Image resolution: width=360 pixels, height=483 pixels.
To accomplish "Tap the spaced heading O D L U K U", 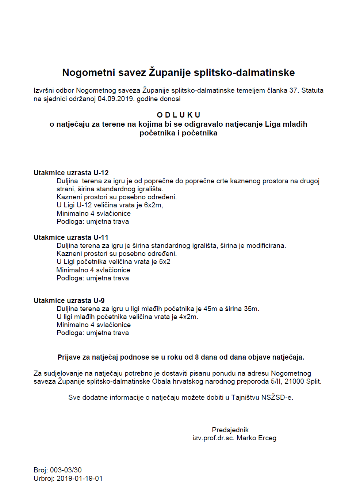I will tap(179, 115).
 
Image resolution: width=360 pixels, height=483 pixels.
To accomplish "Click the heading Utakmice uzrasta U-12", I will tap(71, 173).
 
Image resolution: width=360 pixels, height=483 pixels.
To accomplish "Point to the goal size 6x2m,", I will tap(153, 205).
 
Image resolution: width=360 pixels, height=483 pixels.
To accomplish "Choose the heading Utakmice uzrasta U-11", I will tap(71, 237).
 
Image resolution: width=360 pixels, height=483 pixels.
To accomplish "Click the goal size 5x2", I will tap(165, 262).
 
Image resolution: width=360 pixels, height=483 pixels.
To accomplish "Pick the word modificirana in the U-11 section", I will tap(266, 246).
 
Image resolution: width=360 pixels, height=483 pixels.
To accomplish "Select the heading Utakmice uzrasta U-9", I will tap(69, 300).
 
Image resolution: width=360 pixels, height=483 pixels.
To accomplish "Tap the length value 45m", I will tap(210, 309).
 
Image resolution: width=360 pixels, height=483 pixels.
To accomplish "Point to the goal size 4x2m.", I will tap(188, 317).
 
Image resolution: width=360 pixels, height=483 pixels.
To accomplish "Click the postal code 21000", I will tap(294, 382).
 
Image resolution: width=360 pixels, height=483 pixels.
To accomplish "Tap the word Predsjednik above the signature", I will tap(230, 430).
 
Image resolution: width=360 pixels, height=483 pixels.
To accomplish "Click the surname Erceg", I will tap(267, 438).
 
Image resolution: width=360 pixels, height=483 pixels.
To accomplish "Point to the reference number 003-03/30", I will tap(66, 470).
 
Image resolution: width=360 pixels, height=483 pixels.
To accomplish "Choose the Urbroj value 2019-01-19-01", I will tap(80, 479).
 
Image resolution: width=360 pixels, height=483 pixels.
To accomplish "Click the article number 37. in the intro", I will tap(294, 91).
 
